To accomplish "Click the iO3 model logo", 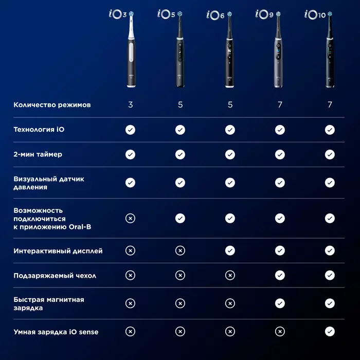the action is point(118,14).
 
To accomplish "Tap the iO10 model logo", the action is point(315,15).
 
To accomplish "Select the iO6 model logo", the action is point(215,15).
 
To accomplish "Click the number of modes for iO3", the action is point(131,105).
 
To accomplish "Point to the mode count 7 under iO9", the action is point(280,105).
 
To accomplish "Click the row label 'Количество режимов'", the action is point(52,105).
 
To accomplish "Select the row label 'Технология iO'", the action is point(39,130).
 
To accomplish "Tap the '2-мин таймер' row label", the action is point(38,154).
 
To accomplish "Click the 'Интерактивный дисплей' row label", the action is point(58,251).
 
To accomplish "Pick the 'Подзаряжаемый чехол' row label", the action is point(55,275).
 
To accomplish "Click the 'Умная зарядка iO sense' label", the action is point(56,332).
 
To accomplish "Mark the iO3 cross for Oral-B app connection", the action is point(131,218).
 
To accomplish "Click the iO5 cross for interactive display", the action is point(180,250).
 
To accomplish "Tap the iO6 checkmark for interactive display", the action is point(230,250).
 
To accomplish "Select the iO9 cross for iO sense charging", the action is point(280,332).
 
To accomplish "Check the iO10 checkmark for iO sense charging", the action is point(330,332).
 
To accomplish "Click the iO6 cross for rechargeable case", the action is point(230,275).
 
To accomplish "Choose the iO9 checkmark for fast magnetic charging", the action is point(280,303).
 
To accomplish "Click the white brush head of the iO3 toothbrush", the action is point(131,25).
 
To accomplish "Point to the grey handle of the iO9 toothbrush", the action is point(278,62).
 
